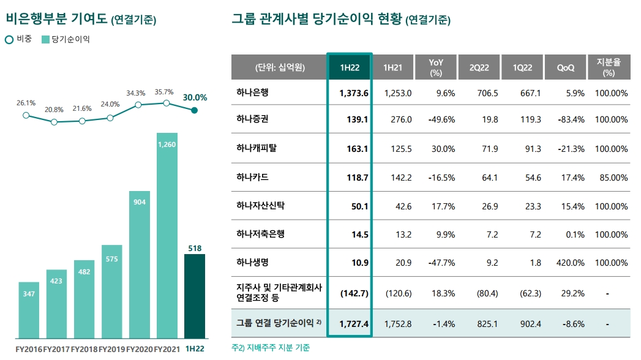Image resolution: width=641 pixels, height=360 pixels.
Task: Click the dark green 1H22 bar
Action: click(194, 296)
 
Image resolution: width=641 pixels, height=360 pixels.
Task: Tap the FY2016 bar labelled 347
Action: click(29, 310)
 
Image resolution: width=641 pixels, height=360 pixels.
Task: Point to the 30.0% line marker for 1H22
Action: click(194, 110)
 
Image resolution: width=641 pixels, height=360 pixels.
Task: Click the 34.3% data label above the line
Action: click(136, 93)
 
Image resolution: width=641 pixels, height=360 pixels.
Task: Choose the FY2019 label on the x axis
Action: click(111, 349)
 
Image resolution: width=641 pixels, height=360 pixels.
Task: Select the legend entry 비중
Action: click(20, 39)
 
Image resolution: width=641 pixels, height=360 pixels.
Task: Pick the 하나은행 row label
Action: click(252, 93)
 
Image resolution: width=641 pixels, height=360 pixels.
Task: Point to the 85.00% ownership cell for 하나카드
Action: click(611, 178)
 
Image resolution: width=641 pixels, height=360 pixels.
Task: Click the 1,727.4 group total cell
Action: click(353, 323)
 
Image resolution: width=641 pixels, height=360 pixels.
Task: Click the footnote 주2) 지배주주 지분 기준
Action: click(271, 348)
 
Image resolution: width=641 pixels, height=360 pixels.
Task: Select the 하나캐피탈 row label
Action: click(257, 149)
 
